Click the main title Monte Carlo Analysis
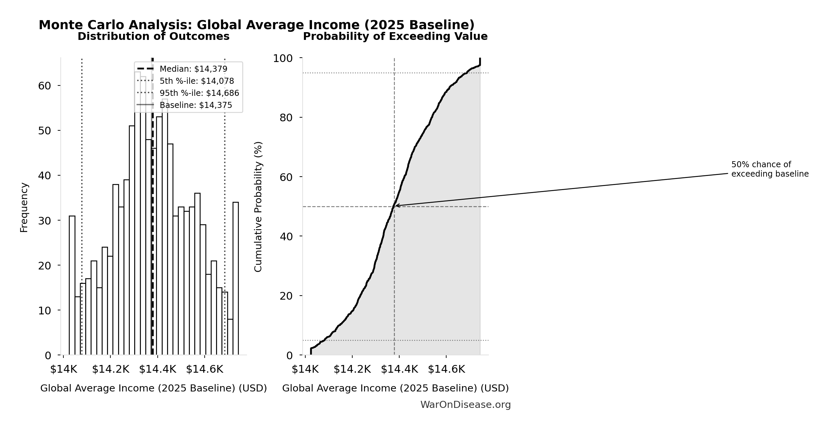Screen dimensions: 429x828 [257, 25]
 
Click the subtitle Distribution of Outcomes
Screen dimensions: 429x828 [153, 37]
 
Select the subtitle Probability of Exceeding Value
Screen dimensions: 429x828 [395, 37]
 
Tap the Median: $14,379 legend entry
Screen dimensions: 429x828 [193, 69]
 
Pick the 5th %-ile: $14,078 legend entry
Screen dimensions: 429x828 [197, 81]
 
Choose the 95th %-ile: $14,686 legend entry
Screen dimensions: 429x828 [199, 93]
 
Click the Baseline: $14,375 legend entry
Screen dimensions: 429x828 [196, 105]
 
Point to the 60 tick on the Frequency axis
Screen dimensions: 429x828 [45, 86]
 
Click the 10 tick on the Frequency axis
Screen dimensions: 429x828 [45, 311]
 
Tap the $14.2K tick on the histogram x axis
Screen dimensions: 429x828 [110, 369]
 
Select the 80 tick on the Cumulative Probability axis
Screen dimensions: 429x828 [286, 118]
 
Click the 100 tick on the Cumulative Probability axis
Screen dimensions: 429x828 [282, 59]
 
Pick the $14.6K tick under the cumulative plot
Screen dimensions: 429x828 [446, 369]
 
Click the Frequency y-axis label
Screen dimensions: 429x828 [24, 207]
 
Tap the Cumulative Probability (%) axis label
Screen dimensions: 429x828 [258, 206]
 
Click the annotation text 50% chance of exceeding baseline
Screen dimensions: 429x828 [770, 169]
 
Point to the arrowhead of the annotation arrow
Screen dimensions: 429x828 [396, 205]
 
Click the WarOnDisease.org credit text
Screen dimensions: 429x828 [465, 405]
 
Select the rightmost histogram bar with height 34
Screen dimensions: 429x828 [236, 278]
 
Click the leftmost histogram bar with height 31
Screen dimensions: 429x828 [72, 285]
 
